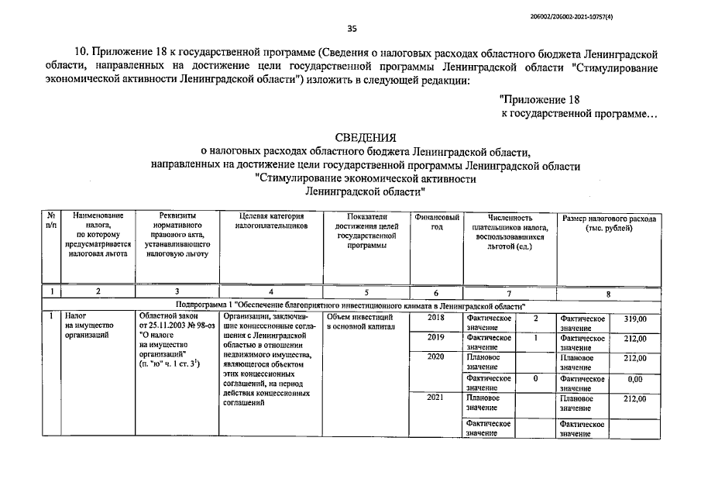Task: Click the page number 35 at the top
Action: (352, 29)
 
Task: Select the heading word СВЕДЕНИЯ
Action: (366, 137)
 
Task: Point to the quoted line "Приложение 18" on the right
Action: (540, 99)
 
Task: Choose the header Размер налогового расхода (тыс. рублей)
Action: (609, 223)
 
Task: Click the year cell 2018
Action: (436, 318)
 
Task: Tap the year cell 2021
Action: (436, 398)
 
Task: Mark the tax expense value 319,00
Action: (635, 319)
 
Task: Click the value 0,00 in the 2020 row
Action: (635, 379)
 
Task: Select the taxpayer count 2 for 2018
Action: (535, 319)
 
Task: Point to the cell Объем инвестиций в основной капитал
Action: (360, 322)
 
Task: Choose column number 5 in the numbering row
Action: (366, 292)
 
